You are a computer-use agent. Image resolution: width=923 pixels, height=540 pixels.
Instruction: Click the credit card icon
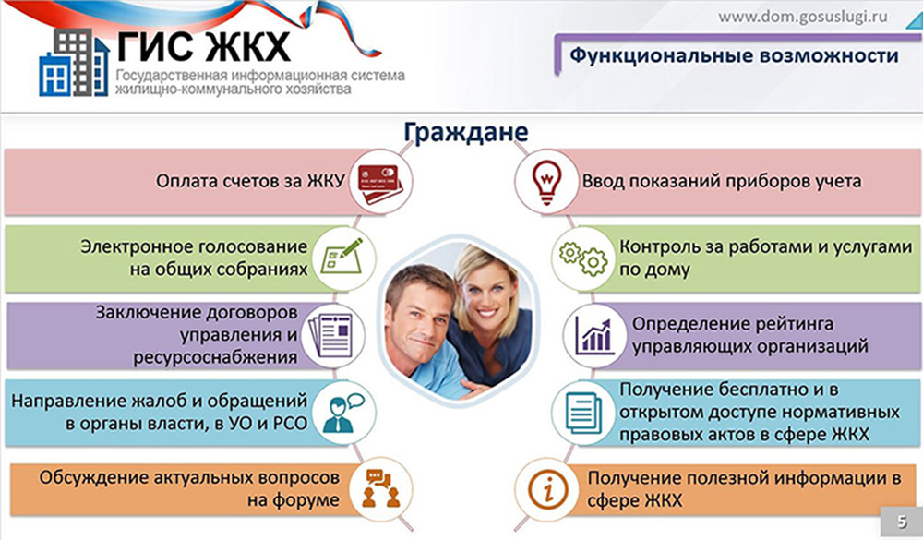click(379, 183)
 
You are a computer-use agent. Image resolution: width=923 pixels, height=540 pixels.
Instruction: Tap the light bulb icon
click(546, 181)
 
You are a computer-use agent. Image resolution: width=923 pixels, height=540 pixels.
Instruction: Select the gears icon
click(582, 258)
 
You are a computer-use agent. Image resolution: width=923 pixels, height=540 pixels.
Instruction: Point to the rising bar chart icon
click(594, 336)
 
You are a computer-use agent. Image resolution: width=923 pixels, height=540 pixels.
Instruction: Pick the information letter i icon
click(547, 488)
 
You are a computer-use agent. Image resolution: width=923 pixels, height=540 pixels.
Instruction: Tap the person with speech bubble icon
click(343, 412)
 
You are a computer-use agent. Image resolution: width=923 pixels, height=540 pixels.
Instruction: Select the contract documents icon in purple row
click(330, 336)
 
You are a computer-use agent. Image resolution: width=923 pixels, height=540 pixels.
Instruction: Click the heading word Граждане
click(465, 132)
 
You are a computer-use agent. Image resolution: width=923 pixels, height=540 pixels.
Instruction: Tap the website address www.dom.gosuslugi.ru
click(803, 17)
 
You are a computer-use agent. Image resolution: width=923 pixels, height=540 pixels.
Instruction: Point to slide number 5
click(902, 522)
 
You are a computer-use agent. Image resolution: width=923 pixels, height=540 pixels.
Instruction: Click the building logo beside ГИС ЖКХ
click(74, 63)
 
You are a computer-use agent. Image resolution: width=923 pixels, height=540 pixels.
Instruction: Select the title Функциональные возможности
click(734, 56)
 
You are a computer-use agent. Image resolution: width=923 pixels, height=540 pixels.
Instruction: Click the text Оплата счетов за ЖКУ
click(250, 181)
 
